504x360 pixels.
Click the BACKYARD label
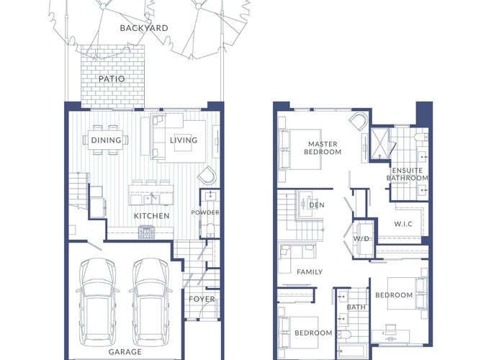(144, 28)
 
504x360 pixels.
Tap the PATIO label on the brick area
(112, 78)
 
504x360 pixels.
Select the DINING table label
(106, 140)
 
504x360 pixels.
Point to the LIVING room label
(184, 140)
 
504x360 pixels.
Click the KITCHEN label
(151, 216)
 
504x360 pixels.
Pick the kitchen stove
(147, 232)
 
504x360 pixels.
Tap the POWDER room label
(205, 212)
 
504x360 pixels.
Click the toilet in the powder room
(210, 230)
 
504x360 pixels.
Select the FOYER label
(202, 300)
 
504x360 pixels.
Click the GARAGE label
(125, 352)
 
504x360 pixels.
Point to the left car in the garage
(97, 302)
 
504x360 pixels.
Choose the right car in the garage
(150, 302)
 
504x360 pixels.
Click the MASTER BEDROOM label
(323, 148)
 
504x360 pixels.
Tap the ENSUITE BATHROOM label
(408, 174)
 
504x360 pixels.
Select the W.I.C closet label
(403, 224)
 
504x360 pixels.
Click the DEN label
(317, 205)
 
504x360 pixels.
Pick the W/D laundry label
(361, 238)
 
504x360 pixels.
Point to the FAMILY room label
(310, 272)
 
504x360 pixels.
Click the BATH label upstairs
(356, 307)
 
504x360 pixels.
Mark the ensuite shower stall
(379, 144)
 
